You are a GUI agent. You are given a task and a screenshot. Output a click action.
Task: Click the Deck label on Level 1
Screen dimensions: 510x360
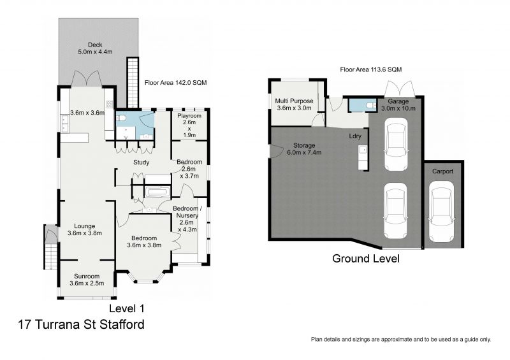tap(95, 45)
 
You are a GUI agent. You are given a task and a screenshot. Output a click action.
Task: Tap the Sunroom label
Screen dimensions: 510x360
tap(87, 277)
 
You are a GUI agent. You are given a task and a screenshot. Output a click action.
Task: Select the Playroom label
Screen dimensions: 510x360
tap(189, 116)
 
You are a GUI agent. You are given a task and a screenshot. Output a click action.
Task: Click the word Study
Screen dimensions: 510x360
tap(141, 162)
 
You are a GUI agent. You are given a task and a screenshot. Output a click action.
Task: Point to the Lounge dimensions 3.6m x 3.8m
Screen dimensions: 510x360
tap(85, 233)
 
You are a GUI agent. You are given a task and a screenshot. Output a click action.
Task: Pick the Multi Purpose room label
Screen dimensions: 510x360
tap(294, 101)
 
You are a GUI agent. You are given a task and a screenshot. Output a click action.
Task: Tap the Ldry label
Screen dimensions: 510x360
tap(355, 136)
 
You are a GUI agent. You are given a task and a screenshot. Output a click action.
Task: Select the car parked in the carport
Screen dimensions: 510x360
tap(441, 212)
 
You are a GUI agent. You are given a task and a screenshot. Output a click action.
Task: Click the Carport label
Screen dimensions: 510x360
tap(442, 171)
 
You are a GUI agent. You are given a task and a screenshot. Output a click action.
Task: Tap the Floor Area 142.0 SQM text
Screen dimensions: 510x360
tap(176, 83)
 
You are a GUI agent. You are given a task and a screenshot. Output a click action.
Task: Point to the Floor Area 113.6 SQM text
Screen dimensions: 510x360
tap(371, 69)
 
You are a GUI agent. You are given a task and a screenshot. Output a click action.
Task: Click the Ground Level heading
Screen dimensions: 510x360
tap(366, 259)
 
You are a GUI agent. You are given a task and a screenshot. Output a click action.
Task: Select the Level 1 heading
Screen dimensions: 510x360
tap(126, 308)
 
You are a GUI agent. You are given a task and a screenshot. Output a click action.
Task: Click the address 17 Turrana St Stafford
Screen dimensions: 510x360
tap(82, 324)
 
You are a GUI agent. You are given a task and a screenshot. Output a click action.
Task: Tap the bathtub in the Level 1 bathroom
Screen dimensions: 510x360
tap(157, 192)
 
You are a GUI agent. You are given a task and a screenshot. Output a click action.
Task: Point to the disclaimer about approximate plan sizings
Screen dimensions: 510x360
tap(401, 340)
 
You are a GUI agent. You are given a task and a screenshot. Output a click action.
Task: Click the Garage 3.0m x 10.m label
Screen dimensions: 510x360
tap(398, 104)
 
